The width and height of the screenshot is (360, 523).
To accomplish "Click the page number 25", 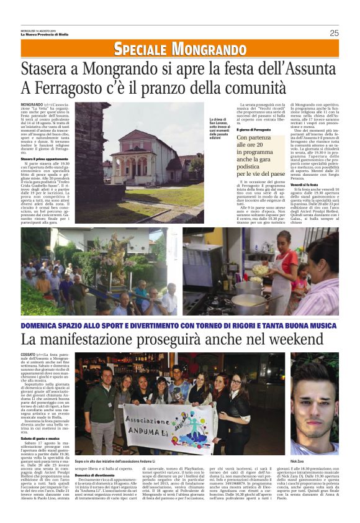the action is pyautogui.click(x=334, y=33).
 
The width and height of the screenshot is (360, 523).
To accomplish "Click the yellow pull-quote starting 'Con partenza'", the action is pyautogui.click(x=261, y=148).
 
